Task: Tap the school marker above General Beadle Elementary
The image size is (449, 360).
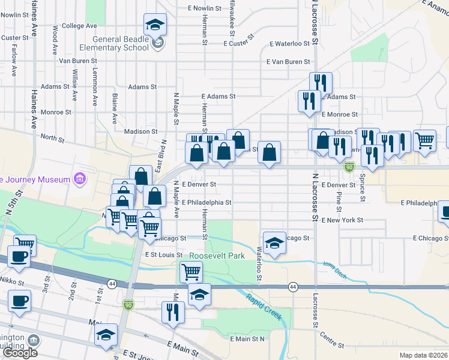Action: tap(155, 25)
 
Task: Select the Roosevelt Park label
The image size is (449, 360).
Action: tap(217, 256)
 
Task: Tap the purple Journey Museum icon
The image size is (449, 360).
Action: tap(78, 179)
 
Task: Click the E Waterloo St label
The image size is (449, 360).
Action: tap(290, 44)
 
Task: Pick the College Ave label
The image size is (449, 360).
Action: tap(79, 26)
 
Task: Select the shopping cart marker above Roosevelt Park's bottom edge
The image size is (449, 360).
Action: tap(191, 271)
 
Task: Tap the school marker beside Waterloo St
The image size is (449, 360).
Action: tap(274, 242)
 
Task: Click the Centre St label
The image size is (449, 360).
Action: tap(331, 340)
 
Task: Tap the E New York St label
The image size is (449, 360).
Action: tap(342, 220)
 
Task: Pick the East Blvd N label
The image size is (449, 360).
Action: tap(160, 155)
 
